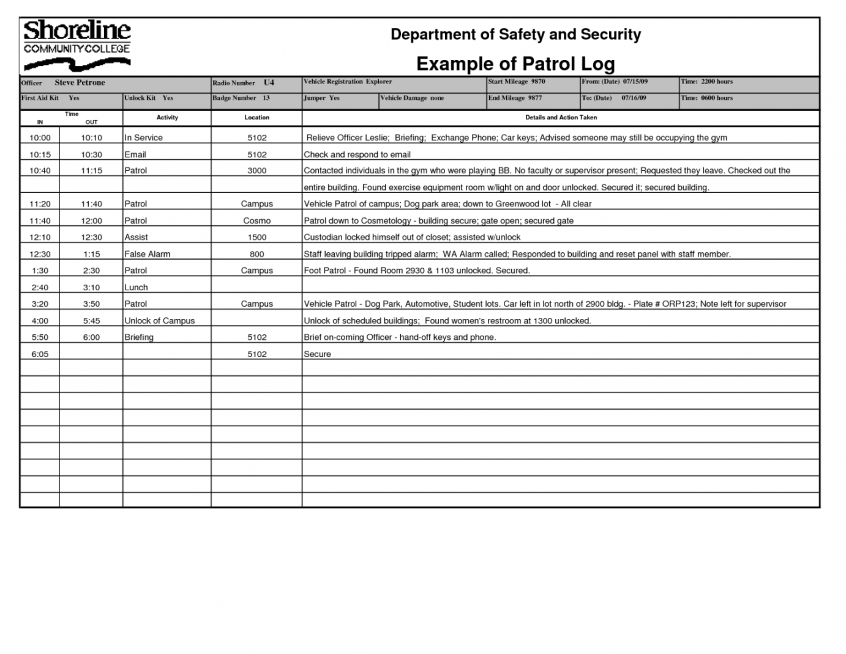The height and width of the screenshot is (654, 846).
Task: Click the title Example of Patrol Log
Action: pyautogui.click(x=515, y=64)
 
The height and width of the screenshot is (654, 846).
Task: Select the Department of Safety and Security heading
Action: pyautogui.click(x=515, y=34)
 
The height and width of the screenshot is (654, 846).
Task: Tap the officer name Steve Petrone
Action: pyautogui.click(x=80, y=83)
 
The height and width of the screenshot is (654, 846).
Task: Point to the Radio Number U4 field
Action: pyautogui.click(x=244, y=83)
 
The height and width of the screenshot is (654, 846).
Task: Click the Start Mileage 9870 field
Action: pyautogui.click(x=516, y=81)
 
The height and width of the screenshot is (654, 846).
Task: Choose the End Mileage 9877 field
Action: pyautogui.click(x=515, y=98)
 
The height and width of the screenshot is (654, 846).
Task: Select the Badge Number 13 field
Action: pyautogui.click(x=241, y=98)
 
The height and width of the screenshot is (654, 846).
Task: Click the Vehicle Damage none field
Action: pyautogui.click(x=412, y=98)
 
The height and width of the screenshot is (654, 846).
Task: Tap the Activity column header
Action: pyautogui.click(x=167, y=118)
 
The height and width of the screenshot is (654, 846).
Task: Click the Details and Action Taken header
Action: pyautogui.click(x=561, y=118)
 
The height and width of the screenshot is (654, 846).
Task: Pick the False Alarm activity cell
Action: pyautogui.click(x=148, y=254)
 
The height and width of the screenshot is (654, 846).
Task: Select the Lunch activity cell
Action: pyautogui.click(x=137, y=287)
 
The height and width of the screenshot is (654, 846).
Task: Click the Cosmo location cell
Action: pyautogui.click(x=256, y=220)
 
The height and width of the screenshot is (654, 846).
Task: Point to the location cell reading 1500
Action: pyautogui.click(x=256, y=237)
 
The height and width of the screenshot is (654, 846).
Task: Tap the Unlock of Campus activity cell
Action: pyautogui.click(x=160, y=321)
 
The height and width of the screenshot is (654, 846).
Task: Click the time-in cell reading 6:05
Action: pyautogui.click(x=40, y=354)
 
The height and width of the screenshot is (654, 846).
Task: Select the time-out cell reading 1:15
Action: pyautogui.click(x=91, y=254)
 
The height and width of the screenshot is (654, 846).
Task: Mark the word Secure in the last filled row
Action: pyautogui.click(x=317, y=354)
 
